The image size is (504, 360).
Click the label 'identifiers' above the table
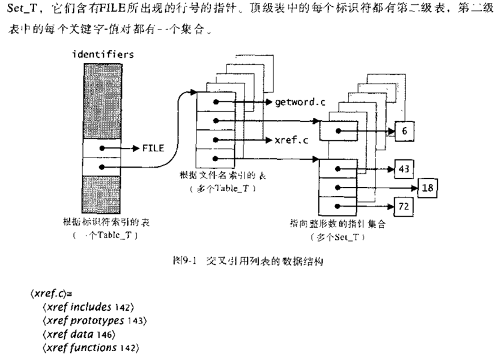(x=103, y=55)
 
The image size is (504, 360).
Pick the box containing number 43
(x=402, y=169)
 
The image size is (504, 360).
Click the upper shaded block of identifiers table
(x=103, y=99)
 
